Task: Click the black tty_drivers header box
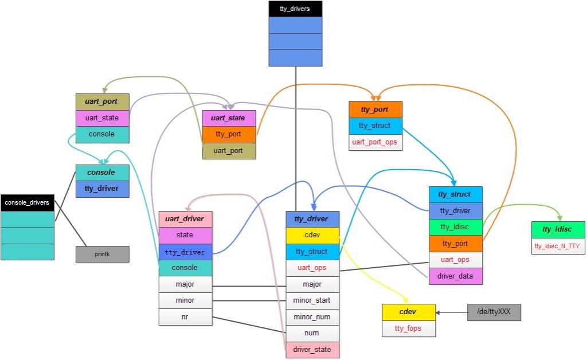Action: pos(295,9)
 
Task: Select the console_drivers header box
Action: pos(27,202)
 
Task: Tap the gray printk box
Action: pos(102,254)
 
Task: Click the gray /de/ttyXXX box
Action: pos(494,312)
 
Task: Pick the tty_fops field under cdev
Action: pos(409,328)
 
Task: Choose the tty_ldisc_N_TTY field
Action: pos(558,246)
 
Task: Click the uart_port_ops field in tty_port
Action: pos(375,142)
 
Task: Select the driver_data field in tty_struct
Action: pos(456,276)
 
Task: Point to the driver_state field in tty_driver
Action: pos(312,349)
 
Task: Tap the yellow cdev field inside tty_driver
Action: pos(312,235)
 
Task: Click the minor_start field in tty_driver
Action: pos(312,300)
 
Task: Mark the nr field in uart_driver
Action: pos(185,316)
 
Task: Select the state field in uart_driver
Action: pos(185,235)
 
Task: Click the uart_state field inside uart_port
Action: pos(103,118)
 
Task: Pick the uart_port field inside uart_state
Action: pos(229,151)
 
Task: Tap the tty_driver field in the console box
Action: pos(103,189)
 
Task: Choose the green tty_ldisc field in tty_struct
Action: pos(456,227)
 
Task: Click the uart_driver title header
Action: pos(185,219)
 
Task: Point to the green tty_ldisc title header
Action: pos(558,229)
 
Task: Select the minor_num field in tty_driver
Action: pos(312,316)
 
